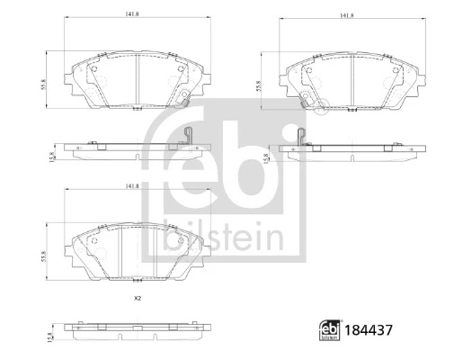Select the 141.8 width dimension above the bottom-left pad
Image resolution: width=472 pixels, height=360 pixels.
point(131,186)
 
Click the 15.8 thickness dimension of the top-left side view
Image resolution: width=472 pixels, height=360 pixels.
point(53,157)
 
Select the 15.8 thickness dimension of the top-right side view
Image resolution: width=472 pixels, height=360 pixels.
point(266,157)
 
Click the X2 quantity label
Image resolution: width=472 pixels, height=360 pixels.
point(138,298)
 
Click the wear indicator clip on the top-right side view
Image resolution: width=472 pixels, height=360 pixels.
point(300,137)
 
